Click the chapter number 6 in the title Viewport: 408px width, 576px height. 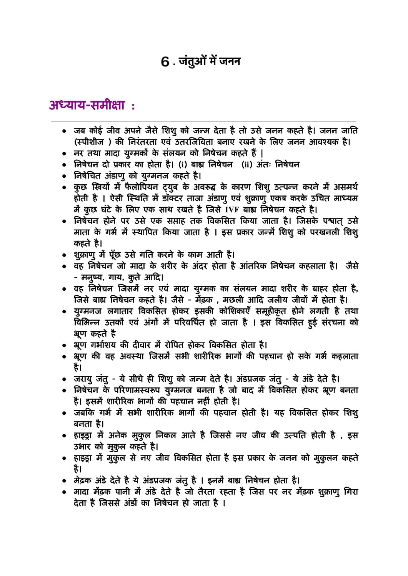click(x=165, y=61)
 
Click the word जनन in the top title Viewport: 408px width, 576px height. click(x=230, y=61)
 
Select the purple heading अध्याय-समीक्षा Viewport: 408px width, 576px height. click(x=87, y=104)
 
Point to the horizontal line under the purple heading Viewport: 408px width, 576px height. click(x=204, y=121)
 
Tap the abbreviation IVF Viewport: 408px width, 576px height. click(x=232, y=210)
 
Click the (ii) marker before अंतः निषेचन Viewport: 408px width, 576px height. click(x=247, y=164)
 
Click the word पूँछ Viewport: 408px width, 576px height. click(x=115, y=255)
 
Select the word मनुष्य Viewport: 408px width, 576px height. click(x=92, y=277)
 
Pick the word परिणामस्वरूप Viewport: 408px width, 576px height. click(x=137, y=390)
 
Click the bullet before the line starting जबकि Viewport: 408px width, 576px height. click(x=64, y=413)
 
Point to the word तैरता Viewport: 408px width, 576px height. click(x=207, y=492)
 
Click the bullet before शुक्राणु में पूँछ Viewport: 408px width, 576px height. click(x=64, y=255)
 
